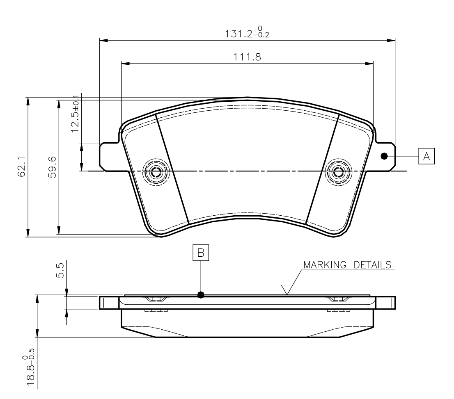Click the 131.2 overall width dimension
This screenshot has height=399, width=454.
(247, 32)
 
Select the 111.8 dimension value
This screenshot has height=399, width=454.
(247, 57)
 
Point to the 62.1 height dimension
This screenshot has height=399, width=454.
(22, 167)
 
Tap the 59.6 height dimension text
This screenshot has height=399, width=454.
(53, 167)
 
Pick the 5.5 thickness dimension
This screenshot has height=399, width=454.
(60, 271)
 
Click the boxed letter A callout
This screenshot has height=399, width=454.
(426, 156)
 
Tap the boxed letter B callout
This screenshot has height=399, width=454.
(201, 253)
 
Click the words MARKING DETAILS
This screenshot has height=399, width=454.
(347, 265)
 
